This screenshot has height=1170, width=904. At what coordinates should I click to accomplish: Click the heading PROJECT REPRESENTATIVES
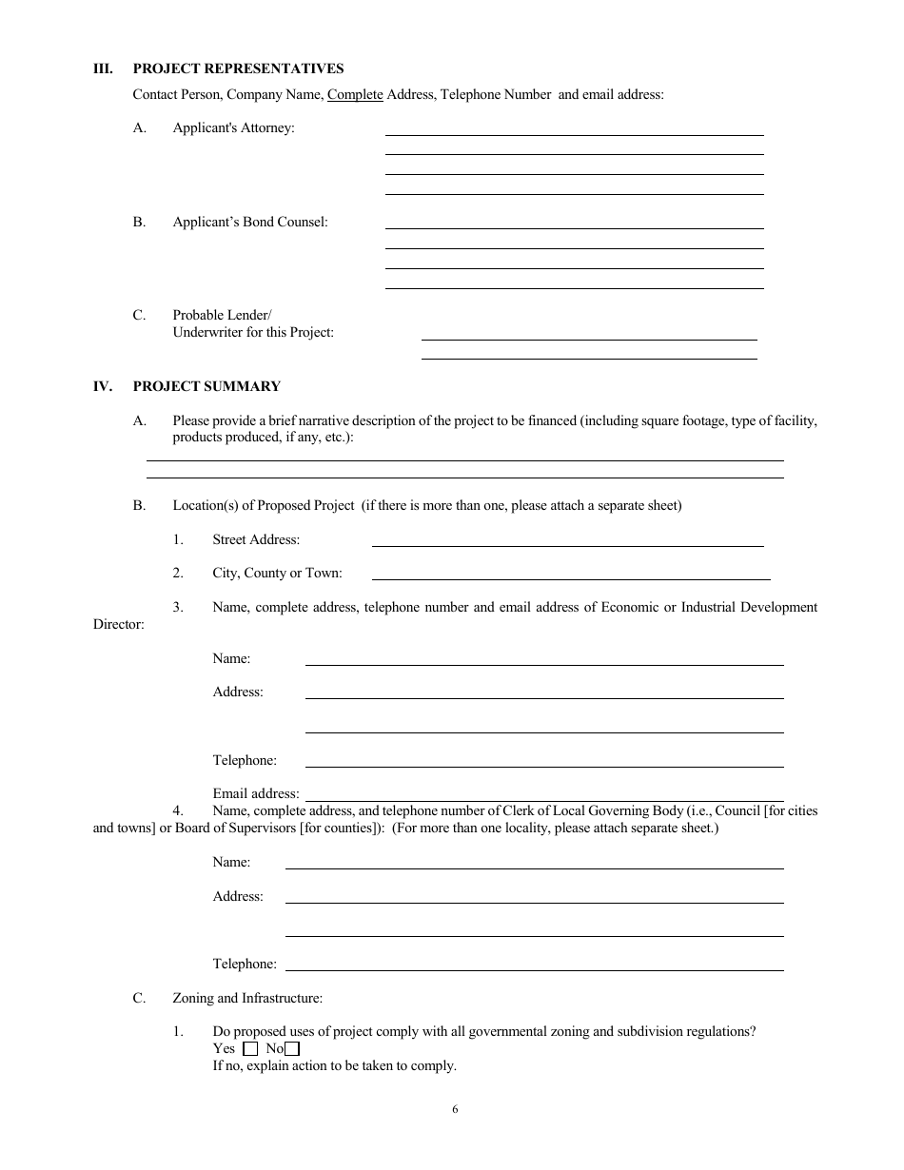point(238,68)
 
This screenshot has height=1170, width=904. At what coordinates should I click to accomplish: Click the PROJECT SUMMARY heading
point(206,386)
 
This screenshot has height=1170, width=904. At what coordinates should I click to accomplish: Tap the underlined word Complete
point(355,94)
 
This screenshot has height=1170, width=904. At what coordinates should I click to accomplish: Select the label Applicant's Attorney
point(233,127)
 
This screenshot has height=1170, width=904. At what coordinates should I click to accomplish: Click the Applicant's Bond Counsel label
point(249,222)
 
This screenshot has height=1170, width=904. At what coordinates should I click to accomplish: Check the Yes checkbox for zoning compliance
point(251,1049)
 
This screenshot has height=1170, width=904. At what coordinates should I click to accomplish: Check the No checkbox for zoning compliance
point(292,1049)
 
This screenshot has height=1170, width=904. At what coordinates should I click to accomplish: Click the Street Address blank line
point(567,544)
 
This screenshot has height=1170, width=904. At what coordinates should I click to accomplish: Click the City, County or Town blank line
point(570,577)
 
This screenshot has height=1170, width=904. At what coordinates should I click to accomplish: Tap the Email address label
point(256,793)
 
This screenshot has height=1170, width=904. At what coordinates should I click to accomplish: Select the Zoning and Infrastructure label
point(247,998)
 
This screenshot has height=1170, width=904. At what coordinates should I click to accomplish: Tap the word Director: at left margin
point(119,624)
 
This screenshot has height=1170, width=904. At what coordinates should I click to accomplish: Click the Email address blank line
point(543,799)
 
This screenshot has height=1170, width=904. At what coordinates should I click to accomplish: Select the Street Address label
point(256,539)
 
